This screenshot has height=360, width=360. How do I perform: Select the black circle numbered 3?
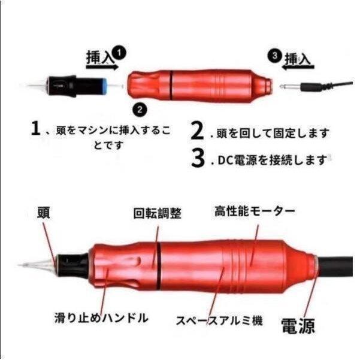[274, 55]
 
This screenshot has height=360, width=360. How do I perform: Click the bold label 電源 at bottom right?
[298, 326]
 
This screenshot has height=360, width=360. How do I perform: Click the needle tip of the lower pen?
[23, 264]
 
